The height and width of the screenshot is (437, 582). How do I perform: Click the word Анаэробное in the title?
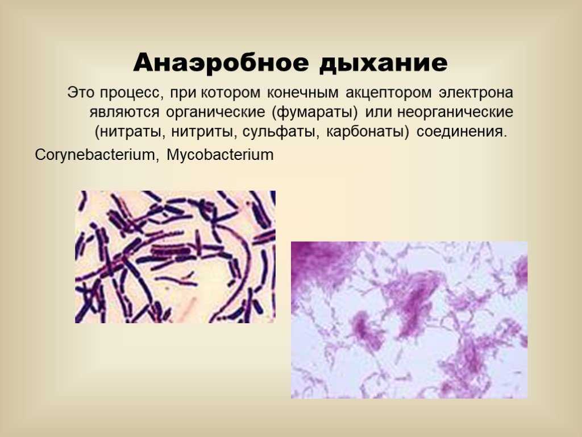pyautogui.click(x=221, y=62)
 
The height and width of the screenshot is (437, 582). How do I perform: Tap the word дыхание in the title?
pyautogui.click(x=383, y=63)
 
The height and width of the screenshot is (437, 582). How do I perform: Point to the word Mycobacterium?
pyautogui.click(x=220, y=155)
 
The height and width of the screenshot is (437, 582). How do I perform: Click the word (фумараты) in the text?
pyautogui.click(x=315, y=112)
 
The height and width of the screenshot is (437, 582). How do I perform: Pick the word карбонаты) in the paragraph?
pyautogui.click(x=368, y=132)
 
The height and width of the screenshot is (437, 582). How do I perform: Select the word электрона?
pyautogui.click(x=476, y=93)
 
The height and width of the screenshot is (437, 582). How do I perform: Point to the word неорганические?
pyautogui.click(x=455, y=112)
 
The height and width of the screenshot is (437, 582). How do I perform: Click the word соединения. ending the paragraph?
pyautogui.click(x=462, y=132)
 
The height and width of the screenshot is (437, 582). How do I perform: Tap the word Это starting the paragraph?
pyautogui.click(x=81, y=93)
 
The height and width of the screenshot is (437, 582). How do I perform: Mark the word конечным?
pyautogui.click(x=302, y=93)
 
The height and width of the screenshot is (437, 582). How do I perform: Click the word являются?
pyautogui.click(x=124, y=112)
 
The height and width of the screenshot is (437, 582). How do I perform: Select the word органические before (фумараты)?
pyautogui.click(x=215, y=112)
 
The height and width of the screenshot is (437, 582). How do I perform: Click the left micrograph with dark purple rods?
pyautogui.click(x=175, y=257)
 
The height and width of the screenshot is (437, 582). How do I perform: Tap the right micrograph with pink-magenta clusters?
pyautogui.click(x=409, y=320)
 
